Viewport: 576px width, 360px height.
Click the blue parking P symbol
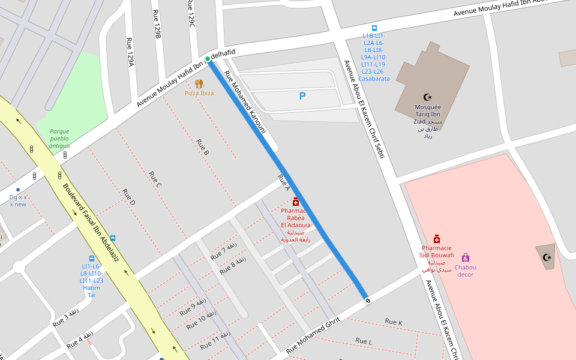tap(302, 96)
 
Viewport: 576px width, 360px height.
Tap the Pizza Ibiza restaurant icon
tap(199, 83)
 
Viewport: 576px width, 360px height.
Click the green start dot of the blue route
tap(208, 59)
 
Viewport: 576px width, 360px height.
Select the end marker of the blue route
tap(367, 299)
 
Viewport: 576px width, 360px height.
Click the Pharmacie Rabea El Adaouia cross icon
tap(296, 202)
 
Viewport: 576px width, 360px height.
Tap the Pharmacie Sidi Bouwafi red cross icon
tap(437, 239)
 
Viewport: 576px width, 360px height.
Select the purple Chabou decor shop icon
tap(465, 257)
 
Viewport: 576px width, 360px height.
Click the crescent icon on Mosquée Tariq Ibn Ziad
tap(428, 97)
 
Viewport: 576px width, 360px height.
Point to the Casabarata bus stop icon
tap(374, 28)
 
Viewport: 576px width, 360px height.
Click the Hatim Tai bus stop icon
tap(92, 257)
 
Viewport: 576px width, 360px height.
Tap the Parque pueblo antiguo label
tap(59, 138)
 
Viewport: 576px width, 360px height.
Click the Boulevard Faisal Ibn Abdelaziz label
tap(91, 223)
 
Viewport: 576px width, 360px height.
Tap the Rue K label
tap(394, 323)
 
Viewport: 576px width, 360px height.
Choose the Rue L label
tap(364, 341)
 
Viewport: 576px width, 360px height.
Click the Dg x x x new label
tap(18, 200)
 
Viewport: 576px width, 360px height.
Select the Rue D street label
tap(128, 197)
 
